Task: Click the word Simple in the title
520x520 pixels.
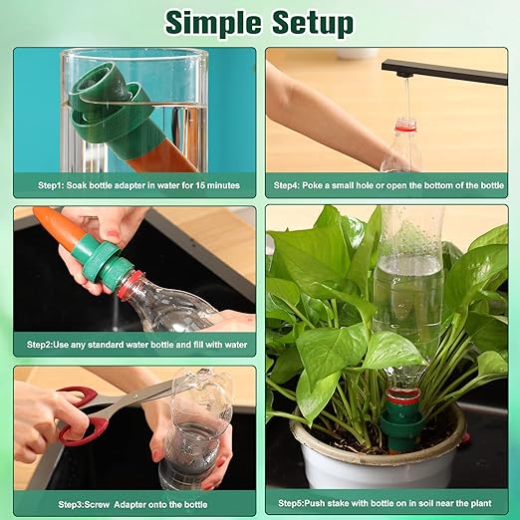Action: pos(215,21)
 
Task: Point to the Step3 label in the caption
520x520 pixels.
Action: pos(55,503)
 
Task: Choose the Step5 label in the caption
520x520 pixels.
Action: pos(295,503)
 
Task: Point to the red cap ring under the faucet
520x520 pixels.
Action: pos(404,126)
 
